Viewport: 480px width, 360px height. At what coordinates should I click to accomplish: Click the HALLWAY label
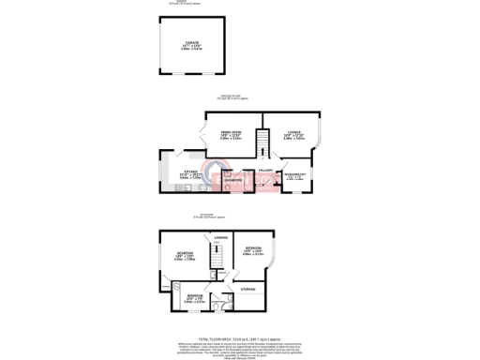point(265,169)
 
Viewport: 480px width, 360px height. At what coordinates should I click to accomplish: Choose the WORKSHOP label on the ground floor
point(293,174)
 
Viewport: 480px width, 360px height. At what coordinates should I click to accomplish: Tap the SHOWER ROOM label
point(233,178)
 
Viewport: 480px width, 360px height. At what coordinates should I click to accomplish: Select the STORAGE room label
point(247,290)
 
